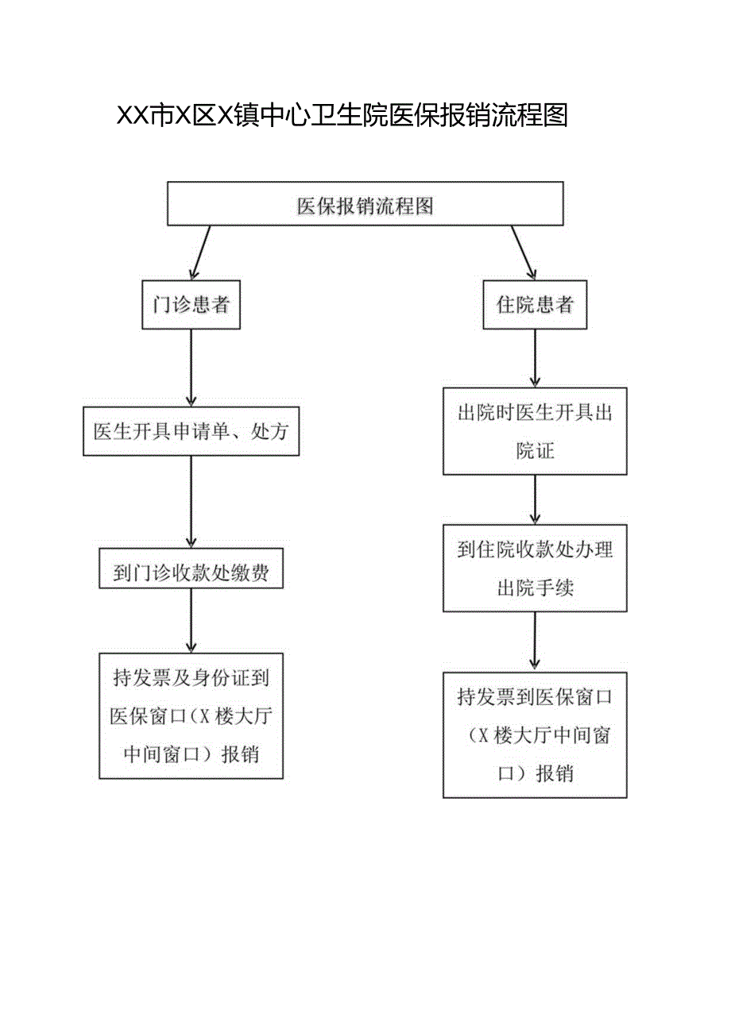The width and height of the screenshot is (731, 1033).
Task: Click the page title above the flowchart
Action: tap(342, 117)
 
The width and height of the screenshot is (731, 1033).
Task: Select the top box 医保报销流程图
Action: tap(365, 205)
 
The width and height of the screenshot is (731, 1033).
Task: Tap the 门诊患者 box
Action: tap(191, 305)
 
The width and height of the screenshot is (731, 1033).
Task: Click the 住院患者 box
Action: tap(535, 305)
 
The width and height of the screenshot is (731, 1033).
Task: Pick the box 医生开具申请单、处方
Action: tap(191, 432)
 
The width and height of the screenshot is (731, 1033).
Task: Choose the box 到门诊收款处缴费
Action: tap(191, 568)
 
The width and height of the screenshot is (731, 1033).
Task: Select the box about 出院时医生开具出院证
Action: tap(535, 431)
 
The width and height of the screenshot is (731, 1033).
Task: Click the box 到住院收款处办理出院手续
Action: tap(535, 568)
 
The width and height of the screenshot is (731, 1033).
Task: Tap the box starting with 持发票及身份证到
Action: tap(191, 715)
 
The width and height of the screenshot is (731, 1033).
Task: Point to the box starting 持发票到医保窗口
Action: tap(535, 734)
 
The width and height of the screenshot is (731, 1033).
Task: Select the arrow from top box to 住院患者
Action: tap(524, 252)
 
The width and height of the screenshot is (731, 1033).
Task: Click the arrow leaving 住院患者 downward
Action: tap(535, 358)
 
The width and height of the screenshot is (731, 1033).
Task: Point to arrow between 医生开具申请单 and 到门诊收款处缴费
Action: tap(191, 501)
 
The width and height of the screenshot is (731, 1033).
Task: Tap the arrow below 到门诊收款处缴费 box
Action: tap(191, 620)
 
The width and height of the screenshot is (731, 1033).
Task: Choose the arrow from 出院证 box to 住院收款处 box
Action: tap(535, 499)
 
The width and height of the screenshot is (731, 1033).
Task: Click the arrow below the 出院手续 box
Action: tap(535, 642)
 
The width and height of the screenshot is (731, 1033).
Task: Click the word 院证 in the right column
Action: tap(535, 451)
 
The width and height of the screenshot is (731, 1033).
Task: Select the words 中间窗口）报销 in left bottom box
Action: tap(191, 754)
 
